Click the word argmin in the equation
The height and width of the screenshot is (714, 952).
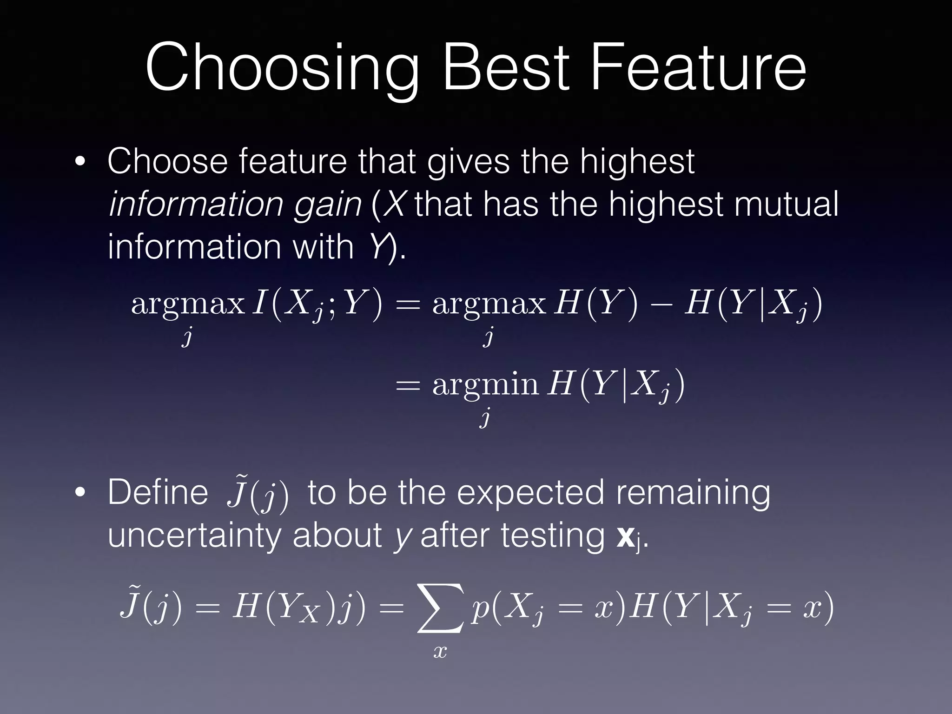point(485,385)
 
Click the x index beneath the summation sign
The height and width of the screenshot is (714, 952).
point(440,651)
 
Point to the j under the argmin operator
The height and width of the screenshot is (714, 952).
point(485,417)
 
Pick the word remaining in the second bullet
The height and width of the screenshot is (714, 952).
point(693,493)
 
